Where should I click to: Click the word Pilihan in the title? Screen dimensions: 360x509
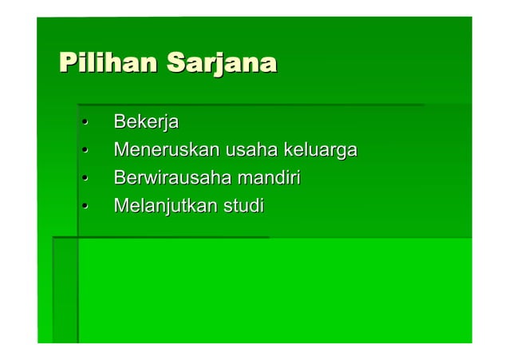(108, 62)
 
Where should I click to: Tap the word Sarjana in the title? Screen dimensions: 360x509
(221, 62)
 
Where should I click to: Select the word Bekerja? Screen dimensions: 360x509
(146, 123)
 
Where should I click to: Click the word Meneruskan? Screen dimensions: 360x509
(167, 150)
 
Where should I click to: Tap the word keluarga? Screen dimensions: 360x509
(315, 151)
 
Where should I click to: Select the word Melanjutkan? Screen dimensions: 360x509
(165, 206)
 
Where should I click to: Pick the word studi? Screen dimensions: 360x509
(243, 206)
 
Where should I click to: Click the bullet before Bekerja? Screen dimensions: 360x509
(83, 124)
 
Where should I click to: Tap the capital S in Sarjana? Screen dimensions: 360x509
(176, 62)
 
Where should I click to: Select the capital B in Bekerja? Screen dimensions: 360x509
(120, 123)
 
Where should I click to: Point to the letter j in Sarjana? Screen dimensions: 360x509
(219, 64)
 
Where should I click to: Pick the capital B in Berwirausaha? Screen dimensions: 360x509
(120, 178)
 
